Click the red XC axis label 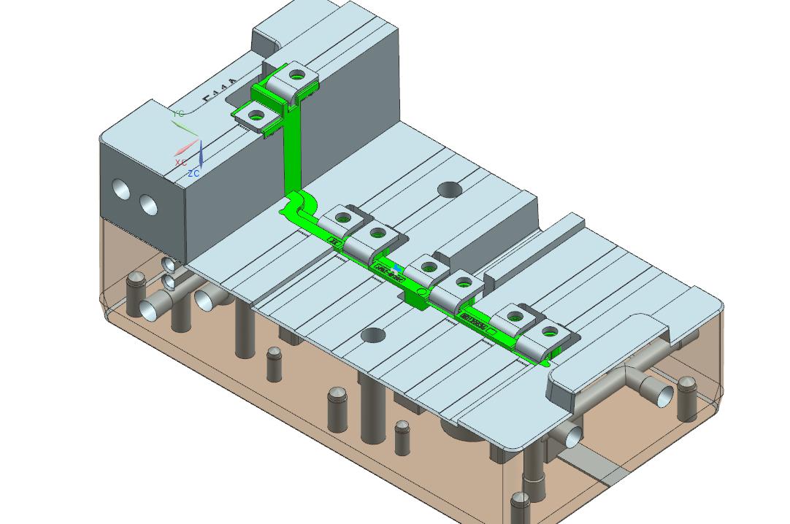click(180, 162)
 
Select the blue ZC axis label click(193, 174)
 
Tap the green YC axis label click(179, 114)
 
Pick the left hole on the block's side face click(121, 191)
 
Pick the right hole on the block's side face click(149, 205)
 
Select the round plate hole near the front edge click(373, 336)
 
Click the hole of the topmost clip click(297, 74)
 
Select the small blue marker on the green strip click(396, 269)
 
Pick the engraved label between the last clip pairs click(474, 320)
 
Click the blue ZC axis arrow click(201, 155)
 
